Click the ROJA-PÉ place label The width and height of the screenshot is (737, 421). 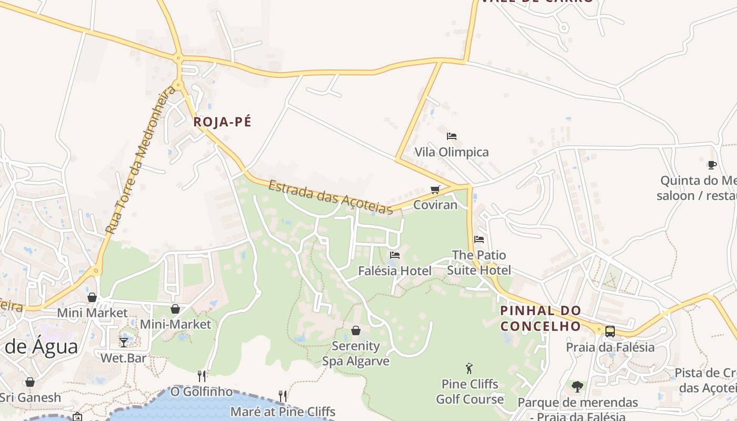point(222,122)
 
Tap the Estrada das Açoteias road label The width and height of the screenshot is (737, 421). point(331,197)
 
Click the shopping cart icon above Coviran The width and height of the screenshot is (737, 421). point(435,189)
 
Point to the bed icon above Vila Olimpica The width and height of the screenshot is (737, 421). point(451,136)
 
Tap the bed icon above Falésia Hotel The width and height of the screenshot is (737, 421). point(395,255)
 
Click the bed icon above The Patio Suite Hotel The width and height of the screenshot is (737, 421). point(479,239)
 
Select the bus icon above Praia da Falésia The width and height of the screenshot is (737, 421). point(610,332)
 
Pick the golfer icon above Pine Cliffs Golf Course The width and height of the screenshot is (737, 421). point(469,368)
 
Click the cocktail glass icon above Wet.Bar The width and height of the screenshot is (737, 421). point(124,343)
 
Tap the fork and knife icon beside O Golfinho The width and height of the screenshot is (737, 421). point(202,376)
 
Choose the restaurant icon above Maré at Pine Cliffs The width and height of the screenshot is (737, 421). point(283,396)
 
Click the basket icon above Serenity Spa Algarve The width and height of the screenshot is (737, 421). point(356,330)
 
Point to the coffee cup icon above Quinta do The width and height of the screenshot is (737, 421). point(712,165)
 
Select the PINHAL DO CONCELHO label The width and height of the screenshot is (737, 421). point(541,318)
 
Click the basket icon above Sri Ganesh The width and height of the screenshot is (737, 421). point(30,382)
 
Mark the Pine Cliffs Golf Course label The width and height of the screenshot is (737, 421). point(470,392)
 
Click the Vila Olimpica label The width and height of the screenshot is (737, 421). point(452,152)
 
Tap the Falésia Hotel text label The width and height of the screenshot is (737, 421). point(395,271)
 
